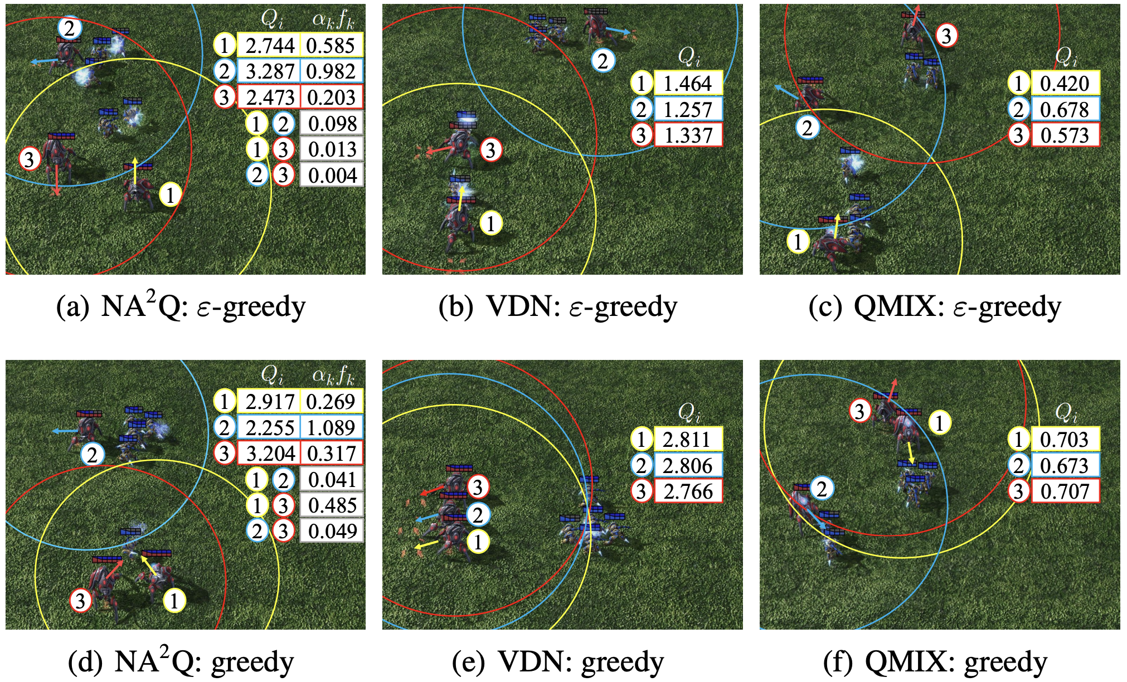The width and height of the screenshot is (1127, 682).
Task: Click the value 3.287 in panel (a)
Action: point(270,71)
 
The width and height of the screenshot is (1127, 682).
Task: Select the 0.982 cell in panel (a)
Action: point(331,71)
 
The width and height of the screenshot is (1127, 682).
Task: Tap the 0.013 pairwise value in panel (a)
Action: point(332,149)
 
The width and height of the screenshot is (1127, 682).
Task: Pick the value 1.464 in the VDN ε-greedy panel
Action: point(688,84)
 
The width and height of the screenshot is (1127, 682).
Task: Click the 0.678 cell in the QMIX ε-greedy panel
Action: point(1065,110)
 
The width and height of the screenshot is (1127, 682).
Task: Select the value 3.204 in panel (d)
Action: point(270,454)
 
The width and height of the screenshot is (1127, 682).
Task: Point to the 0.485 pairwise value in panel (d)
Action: point(332,505)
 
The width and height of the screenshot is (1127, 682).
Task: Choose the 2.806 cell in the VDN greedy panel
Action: point(688,465)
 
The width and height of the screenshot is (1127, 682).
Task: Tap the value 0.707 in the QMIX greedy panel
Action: point(1065,491)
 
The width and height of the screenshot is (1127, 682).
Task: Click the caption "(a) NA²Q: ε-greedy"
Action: point(182,308)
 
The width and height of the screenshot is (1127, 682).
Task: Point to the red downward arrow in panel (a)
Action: point(56,182)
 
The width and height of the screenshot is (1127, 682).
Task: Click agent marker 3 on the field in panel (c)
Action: point(946,36)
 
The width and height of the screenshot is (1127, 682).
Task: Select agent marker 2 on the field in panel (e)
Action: point(478,515)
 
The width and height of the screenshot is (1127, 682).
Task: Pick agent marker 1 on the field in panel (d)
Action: point(174,601)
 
